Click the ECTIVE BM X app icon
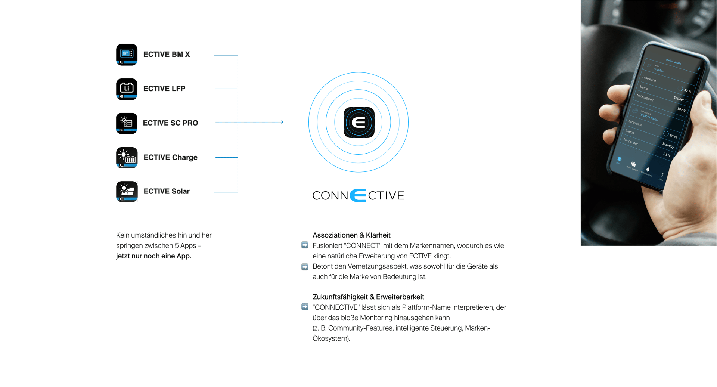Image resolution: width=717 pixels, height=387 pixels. point(127,55)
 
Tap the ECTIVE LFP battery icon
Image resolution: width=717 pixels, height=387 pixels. point(127,89)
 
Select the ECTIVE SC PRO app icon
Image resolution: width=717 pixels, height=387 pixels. point(127,123)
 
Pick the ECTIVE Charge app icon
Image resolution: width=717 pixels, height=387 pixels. point(127,158)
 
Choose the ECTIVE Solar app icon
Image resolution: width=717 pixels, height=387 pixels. point(127,192)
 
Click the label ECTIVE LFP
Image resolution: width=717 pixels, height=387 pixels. point(164,89)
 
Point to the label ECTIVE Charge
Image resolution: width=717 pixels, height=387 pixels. point(170,157)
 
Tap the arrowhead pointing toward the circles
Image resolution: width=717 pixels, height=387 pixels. point(282,122)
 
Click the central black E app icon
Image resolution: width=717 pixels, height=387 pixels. point(359,123)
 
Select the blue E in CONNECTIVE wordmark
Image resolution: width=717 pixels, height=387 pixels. point(358,195)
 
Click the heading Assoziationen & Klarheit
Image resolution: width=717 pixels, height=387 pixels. point(351,235)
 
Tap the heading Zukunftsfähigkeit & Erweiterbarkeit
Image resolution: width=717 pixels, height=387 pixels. point(368,297)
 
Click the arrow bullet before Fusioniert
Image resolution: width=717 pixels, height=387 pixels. point(305,245)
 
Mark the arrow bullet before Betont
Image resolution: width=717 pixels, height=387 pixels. point(305,267)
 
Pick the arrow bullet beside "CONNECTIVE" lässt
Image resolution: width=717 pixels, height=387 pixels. point(305,307)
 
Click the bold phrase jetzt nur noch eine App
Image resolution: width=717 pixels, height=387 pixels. point(153,256)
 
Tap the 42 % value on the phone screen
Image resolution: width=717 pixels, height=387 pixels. point(687,91)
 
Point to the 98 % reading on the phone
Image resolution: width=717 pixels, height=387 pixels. point(673,136)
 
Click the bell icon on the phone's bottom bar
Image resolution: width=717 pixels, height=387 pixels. point(648,170)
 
